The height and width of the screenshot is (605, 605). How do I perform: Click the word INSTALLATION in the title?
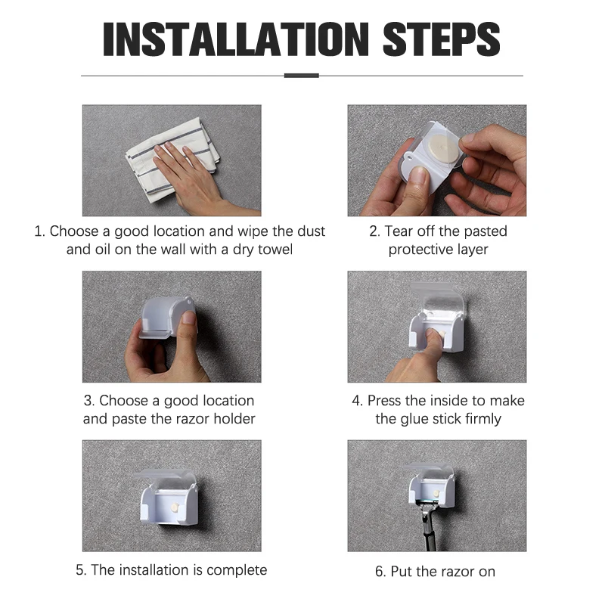[x=236, y=39]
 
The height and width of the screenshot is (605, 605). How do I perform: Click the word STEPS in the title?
[x=442, y=39]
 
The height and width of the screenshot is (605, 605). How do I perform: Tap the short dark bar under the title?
[x=301, y=76]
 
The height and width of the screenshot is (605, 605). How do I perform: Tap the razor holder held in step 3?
[x=166, y=317]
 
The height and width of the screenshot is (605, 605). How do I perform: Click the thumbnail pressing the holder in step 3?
[x=188, y=317]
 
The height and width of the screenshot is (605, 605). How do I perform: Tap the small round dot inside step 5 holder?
[x=174, y=507]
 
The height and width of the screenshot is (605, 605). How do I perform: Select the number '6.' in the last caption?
[x=380, y=572]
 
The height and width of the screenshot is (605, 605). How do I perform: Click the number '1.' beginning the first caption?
[x=40, y=231]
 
